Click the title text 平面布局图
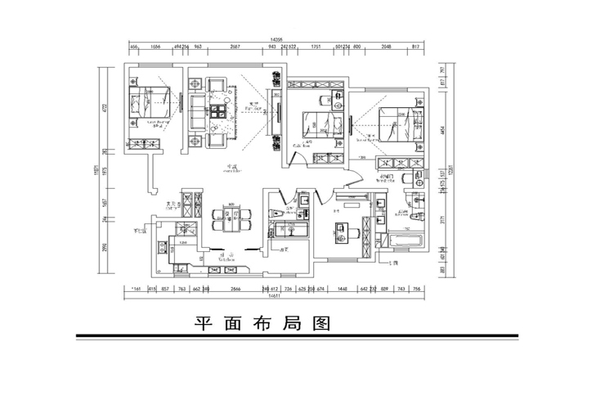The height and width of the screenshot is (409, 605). click(x=262, y=323)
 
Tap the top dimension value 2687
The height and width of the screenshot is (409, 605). click(x=235, y=47)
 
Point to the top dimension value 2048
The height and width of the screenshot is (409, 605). click(x=388, y=47)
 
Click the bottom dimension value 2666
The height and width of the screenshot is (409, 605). click(x=235, y=288)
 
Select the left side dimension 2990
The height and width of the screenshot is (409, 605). click(x=105, y=248)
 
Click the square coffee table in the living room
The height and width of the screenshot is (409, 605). click(x=217, y=112)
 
